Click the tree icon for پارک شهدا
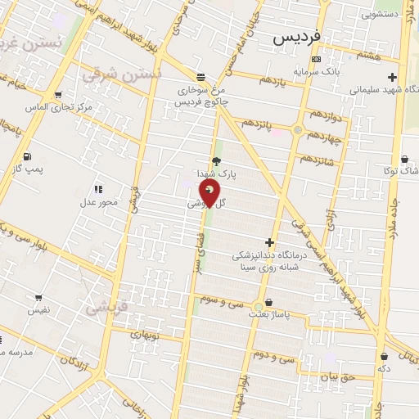(x=216, y=161)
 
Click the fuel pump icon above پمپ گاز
(x=29, y=156)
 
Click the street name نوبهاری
(x=149, y=335)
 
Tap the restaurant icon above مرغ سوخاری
(x=201, y=78)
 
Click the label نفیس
(x=38, y=310)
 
